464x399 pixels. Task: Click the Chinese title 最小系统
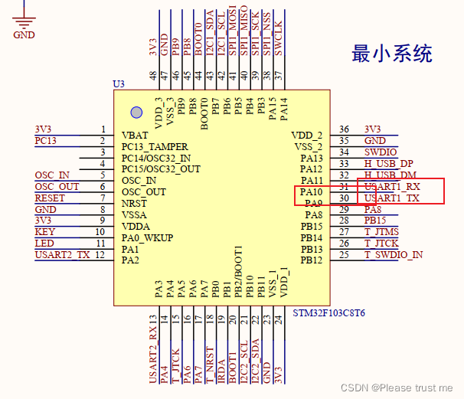(x=391, y=54)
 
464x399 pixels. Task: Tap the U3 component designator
(x=118, y=83)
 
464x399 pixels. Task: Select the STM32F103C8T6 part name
(x=329, y=313)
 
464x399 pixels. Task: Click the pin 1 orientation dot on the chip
(x=136, y=113)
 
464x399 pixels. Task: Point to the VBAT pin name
(x=135, y=135)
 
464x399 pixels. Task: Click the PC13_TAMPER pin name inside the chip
(x=155, y=146)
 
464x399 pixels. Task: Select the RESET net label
(x=50, y=198)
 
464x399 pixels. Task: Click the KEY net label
(x=44, y=231)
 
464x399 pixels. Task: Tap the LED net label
(x=44, y=243)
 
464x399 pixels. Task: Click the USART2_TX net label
(x=61, y=254)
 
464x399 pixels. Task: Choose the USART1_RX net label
(x=392, y=186)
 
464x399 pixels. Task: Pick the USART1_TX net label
(x=392, y=198)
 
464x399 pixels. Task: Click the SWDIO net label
(x=381, y=152)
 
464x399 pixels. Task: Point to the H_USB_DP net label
(x=388, y=163)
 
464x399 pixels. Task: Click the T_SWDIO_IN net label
(x=394, y=254)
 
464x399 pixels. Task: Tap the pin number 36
(x=345, y=129)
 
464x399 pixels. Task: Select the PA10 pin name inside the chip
(x=310, y=191)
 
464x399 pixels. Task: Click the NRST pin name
(x=134, y=203)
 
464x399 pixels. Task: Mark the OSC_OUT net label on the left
(x=57, y=186)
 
